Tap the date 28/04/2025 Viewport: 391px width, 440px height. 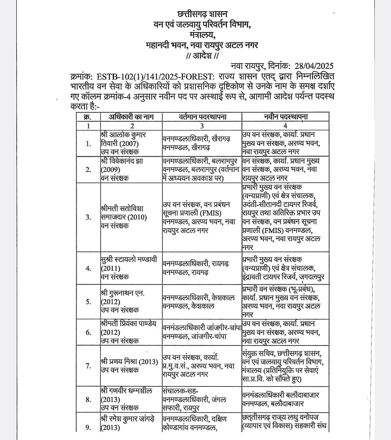[x=314, y=66]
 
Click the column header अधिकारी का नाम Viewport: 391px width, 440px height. [x=132, y=117]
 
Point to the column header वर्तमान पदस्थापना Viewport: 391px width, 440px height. [x=202, y=117]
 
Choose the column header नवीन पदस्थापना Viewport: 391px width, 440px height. [x=286, y=117]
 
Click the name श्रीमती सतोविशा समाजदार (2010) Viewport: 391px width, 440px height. [x=123, y=217]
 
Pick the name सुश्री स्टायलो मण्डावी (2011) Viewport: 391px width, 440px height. [x=129, y=268]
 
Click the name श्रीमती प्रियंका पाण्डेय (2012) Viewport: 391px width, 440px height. [x=129, y=332]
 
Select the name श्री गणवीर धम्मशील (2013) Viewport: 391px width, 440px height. [x=126, y=399]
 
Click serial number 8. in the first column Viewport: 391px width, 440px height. [x=88, y=399]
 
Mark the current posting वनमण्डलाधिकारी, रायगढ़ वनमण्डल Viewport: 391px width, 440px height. [x=195, y=268]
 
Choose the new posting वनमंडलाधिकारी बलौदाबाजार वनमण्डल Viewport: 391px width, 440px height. [x=281, y=399]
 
